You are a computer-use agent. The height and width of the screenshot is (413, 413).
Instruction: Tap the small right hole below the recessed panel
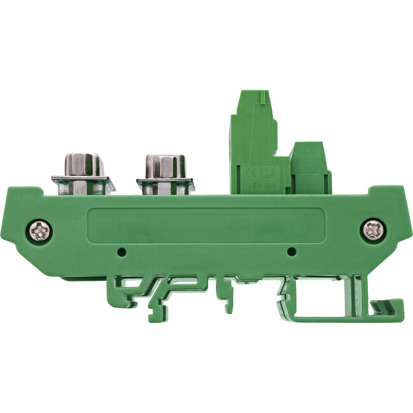[x=291, y=252]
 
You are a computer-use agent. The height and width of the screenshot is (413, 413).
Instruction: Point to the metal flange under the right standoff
[x=165, y=187]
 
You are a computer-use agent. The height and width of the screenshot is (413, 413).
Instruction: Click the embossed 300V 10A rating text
[x=257, y=188]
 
